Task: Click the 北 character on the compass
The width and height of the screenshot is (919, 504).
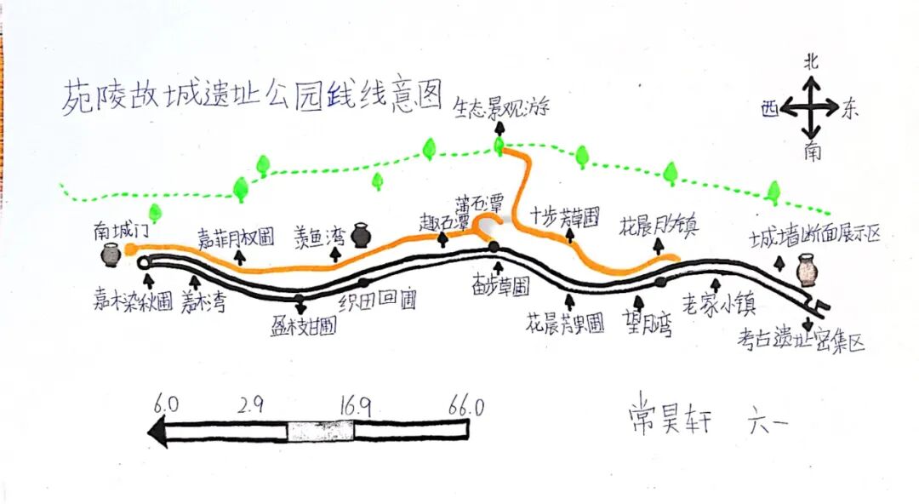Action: coord(811,61)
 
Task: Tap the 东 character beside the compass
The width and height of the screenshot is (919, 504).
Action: coord(852,108)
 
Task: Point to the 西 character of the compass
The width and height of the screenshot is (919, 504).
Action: coord(770,108)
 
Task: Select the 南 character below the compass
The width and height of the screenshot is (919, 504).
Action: coord(811,152)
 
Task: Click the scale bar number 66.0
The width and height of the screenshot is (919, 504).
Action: coord(465,407)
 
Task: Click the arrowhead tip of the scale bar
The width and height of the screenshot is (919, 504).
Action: coord(151,432)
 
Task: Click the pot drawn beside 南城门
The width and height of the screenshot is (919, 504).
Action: coord(110,254)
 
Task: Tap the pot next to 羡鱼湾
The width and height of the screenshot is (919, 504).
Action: coord(361,234)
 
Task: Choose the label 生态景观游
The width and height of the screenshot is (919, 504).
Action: coord(501,108)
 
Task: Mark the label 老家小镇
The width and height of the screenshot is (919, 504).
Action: coord(719,305)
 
